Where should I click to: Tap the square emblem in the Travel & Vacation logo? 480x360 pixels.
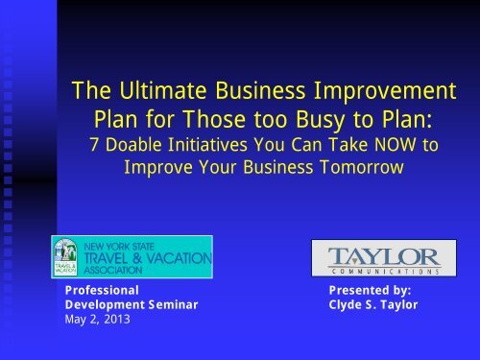[x=68, y=257]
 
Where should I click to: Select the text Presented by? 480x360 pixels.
[x=370, y=288]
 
